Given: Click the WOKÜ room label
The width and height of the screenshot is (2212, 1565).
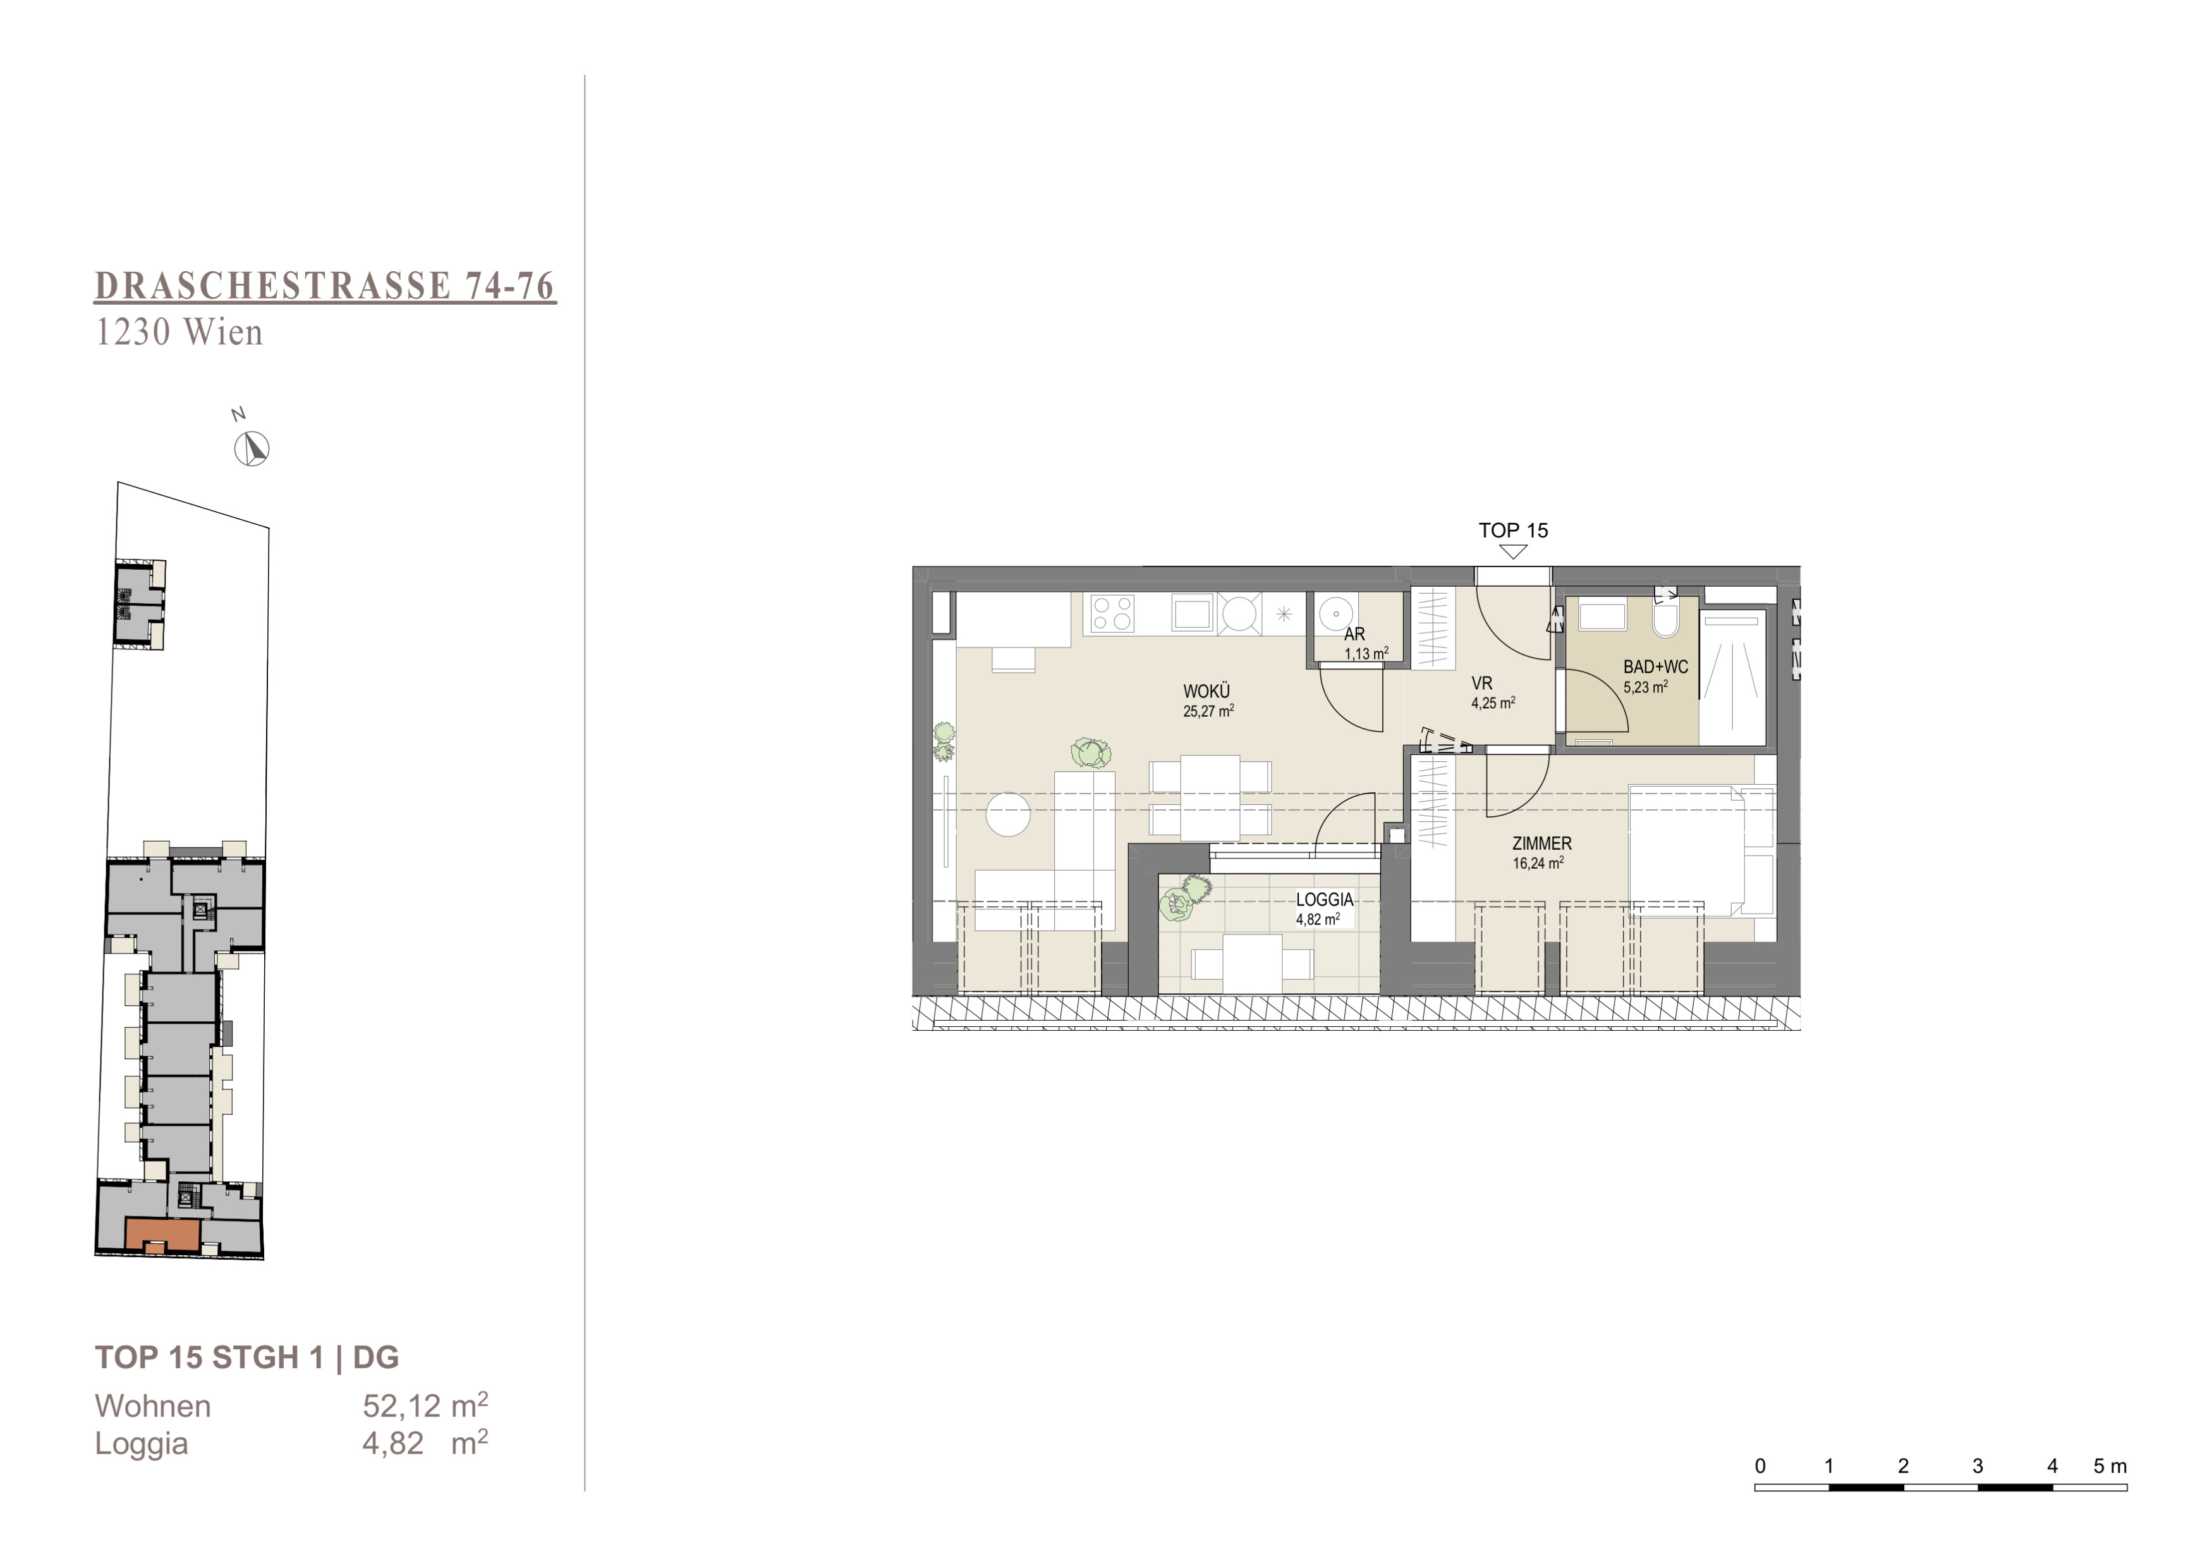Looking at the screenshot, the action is click(1206, 691).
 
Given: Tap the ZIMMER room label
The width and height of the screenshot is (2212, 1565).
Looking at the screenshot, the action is click(1541, 844).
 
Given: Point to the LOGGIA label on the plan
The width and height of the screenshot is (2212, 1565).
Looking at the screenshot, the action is click(1324, 899).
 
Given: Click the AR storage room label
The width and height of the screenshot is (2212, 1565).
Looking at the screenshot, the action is click(1354, 634).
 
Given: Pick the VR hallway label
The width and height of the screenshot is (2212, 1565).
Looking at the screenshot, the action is click(1482, 684).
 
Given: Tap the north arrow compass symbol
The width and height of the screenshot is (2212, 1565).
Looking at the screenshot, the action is click(252, 449).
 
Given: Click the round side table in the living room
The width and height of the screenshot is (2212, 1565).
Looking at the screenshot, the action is click(1008, 814).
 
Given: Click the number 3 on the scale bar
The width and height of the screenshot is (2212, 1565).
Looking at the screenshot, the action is click(1978, 1466).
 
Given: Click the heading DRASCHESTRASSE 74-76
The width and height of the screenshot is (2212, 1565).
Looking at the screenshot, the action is click(325, 286).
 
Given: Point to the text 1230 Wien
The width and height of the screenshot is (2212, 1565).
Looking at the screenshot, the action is click(178, 333).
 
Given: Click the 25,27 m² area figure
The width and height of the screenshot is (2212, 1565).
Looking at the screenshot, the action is click(1208, 711).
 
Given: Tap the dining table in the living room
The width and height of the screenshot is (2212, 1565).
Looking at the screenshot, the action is click(1210, 798).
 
